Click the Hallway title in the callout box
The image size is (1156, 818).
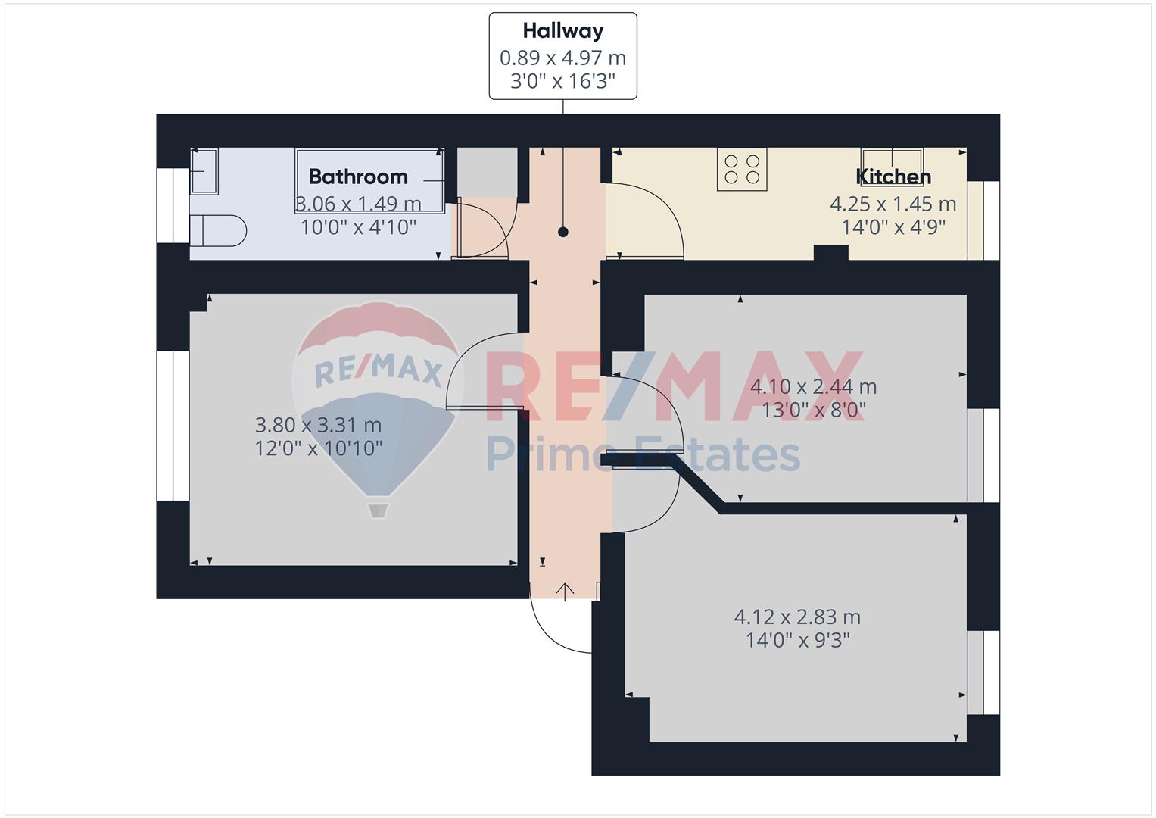pos(563,31)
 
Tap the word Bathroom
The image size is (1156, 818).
pos(358,177)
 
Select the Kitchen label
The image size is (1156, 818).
pos(893,177)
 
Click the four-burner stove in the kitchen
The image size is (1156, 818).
pos(742,170)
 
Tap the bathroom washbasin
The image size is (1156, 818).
pos(204,171)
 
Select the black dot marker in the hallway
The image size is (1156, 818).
pos(563,232)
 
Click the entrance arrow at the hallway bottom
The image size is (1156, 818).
pos(565,592)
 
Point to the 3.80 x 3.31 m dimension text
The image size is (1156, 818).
pos(319,426)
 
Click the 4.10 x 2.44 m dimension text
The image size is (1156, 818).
pos(813,387)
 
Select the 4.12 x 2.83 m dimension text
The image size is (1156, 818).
pos(797,617)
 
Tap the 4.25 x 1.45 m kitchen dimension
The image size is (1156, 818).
pos(893,204)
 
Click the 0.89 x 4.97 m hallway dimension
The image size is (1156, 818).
pos(563,58)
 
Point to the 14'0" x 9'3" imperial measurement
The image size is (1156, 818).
pos(797,640)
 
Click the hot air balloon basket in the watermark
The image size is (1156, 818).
pos(378,510)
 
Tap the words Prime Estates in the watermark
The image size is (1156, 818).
pos(643,454)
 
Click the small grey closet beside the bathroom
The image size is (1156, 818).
pos(488,173)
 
